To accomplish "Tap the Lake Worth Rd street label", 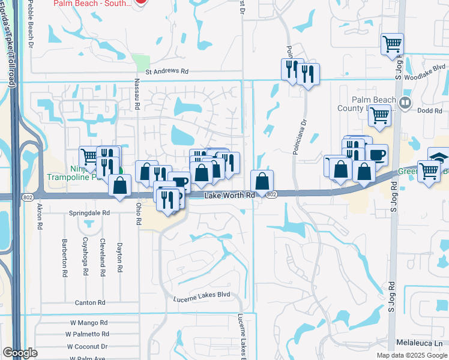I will click(230, 196).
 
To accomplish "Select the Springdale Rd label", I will click(89, 213).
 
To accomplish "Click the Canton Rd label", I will click(90, 303).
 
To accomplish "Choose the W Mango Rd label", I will click(89, 323).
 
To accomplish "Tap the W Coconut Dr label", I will click(87, 346).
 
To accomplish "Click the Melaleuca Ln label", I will click(418, 343).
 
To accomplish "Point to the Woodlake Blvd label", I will click(426, 68).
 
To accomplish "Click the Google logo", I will click(20, 353).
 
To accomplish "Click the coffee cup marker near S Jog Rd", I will click(376, 155).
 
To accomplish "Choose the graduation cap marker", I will click(439, 158).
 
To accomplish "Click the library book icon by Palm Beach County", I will click(405, 102).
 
